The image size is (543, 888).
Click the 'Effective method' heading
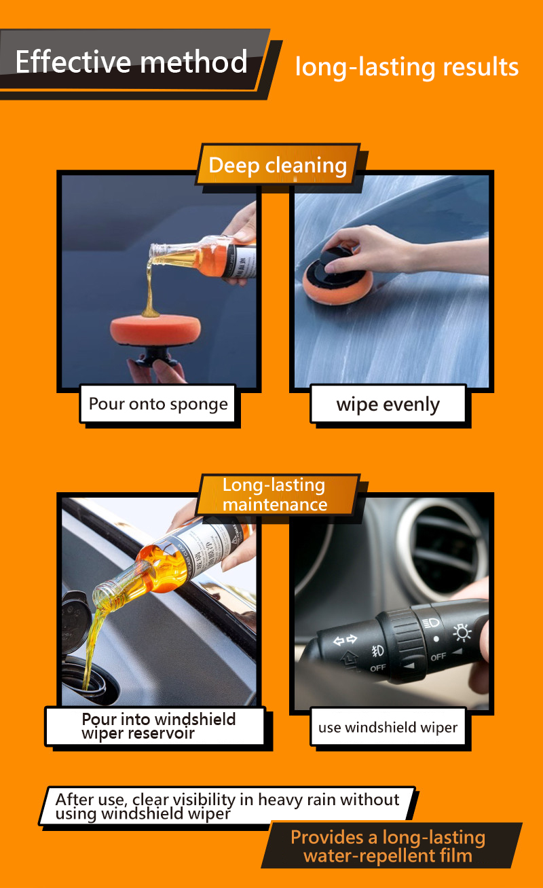(x=131, y=62)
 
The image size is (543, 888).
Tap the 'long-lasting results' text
(x=407, y=67)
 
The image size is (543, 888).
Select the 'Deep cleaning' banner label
(x=278, y=165)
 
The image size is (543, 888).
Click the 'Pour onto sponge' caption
(x=158, y=405)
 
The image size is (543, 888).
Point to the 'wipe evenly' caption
(x=388, y=405)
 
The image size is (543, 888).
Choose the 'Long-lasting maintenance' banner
(x=275, y=495)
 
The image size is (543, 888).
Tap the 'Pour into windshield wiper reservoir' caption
(x=159, y=726)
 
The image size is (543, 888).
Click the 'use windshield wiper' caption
(x=388, y=728)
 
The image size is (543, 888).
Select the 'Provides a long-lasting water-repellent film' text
(x=388, y=847)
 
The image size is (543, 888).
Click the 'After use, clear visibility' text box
(x=227, y=806)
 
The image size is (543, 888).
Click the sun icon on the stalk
(x=462, y=633)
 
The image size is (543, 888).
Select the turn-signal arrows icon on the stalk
(x=345, y=640)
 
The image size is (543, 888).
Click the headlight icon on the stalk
(x=430, y=623)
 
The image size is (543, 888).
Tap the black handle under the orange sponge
(x=155, y=353)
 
